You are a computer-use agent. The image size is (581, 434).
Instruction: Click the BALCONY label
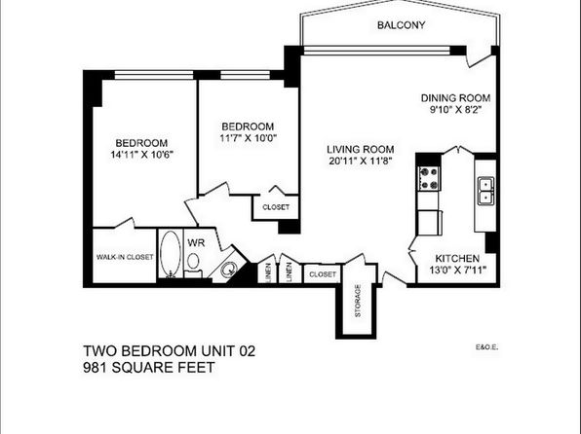pos(401,25)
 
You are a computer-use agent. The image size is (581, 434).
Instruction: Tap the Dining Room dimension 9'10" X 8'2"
pos(455,110)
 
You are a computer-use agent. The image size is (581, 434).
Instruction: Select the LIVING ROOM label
pos(360,150)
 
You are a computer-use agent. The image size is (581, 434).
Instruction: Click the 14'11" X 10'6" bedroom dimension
pos(142,155)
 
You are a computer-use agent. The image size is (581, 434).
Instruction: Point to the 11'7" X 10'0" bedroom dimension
pos(249,138)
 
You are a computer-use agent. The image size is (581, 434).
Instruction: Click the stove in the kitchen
pos(429,178)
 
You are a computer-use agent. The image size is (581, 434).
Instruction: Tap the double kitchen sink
pos(485,191)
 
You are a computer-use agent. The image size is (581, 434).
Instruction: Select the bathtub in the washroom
pos(171,254)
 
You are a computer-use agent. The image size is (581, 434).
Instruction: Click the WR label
pos(196,243)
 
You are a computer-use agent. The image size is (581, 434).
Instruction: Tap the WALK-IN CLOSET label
pos(125,257)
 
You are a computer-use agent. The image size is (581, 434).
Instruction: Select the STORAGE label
pos(358,301)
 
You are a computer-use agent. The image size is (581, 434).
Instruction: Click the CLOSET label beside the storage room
pos(323,274)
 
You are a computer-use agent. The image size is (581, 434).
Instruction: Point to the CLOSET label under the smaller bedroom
pos(276,207)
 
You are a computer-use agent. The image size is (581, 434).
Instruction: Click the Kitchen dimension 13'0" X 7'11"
pos(457,271)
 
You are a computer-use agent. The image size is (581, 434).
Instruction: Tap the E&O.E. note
pos(486,347)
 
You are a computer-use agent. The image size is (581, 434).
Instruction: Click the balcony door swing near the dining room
pos(481,59)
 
